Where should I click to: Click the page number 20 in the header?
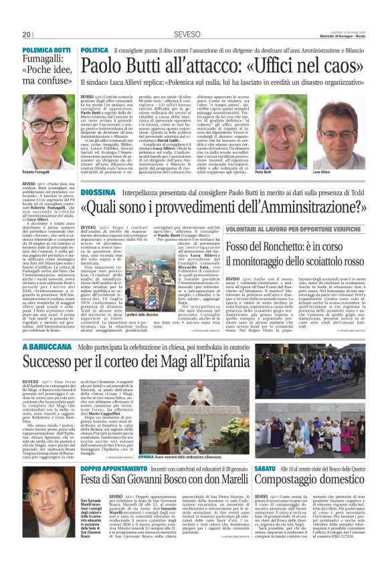[x=27, y=34]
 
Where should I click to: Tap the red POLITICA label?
[x=94, y=50]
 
